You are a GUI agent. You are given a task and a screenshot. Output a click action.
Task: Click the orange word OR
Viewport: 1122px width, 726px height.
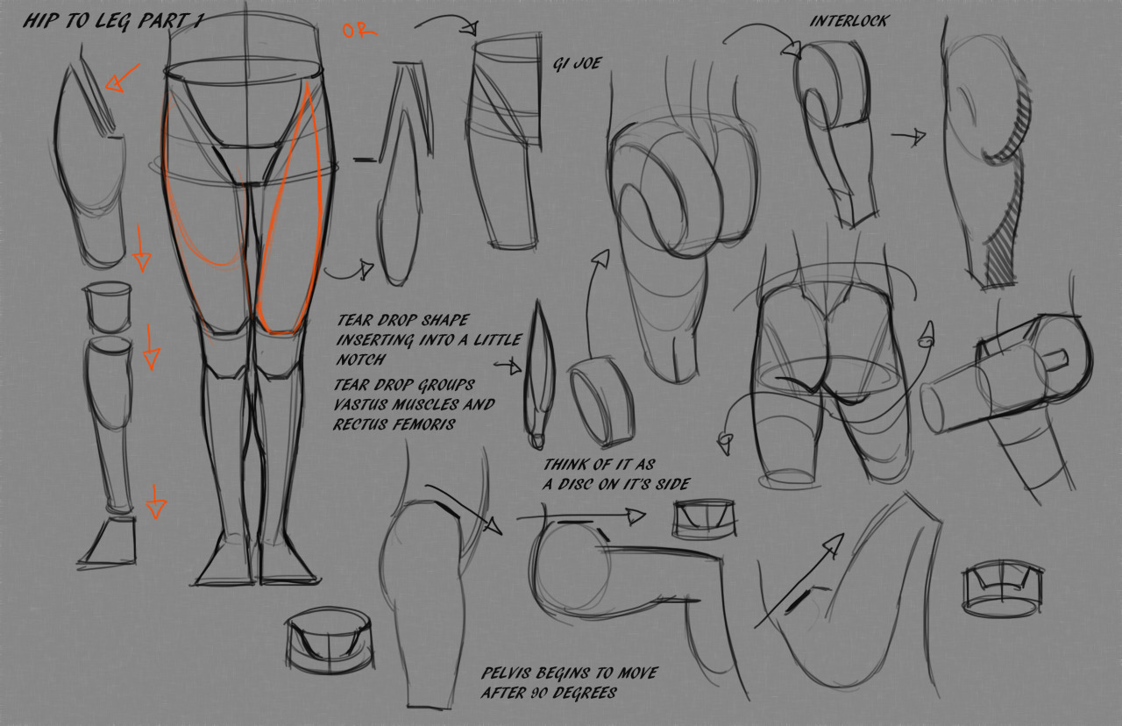[x=359, y=31]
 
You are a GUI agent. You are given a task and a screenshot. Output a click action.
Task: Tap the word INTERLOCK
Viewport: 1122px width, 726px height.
[x=849, y=21]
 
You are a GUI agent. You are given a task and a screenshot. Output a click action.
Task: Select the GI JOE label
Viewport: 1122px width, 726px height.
[x=577, y=63]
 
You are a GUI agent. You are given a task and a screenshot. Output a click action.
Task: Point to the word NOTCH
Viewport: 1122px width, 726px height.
[x=361, y=359]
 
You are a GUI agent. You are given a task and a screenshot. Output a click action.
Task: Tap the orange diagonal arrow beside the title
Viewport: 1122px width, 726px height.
[x=122, y=78]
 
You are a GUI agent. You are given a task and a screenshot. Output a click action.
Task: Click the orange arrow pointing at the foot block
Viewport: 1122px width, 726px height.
[x=156, y=502]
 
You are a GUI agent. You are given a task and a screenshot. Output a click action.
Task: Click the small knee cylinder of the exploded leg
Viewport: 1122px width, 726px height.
[x=108, y=307]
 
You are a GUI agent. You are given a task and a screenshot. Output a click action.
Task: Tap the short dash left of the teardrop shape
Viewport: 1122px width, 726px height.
[x=366, y=160]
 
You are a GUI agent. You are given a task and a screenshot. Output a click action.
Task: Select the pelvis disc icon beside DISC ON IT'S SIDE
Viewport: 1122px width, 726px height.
[x=705, y=520]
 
